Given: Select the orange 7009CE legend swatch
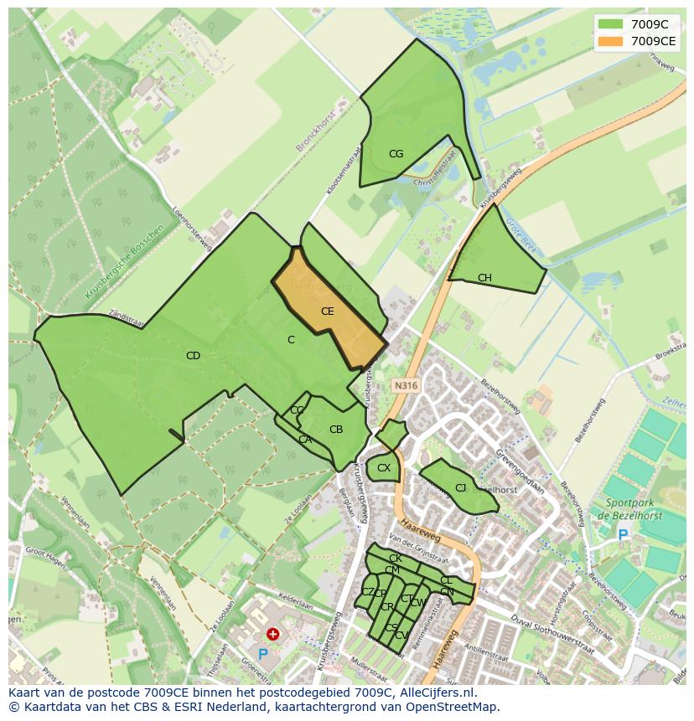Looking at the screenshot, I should (x=611, y=41).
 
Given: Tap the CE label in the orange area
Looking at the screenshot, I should (x=328, y=312).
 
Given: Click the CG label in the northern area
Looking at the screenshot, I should (x=396, y=154).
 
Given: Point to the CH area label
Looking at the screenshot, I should (x=484, y=278).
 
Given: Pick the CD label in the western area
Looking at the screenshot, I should (x=193, y=356).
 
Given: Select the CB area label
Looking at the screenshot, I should (x=336, y=430).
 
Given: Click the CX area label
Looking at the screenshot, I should (x=384, y=468).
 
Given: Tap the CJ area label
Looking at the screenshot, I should (x=460, y=488).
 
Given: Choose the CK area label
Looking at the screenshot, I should (x=396, y=559).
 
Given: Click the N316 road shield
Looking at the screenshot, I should (x=406, y=386).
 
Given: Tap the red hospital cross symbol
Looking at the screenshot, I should (x=272, y=635).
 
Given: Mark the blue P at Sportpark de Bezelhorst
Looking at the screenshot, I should (x=622, y=534).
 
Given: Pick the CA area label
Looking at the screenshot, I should (x=305, y=440).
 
